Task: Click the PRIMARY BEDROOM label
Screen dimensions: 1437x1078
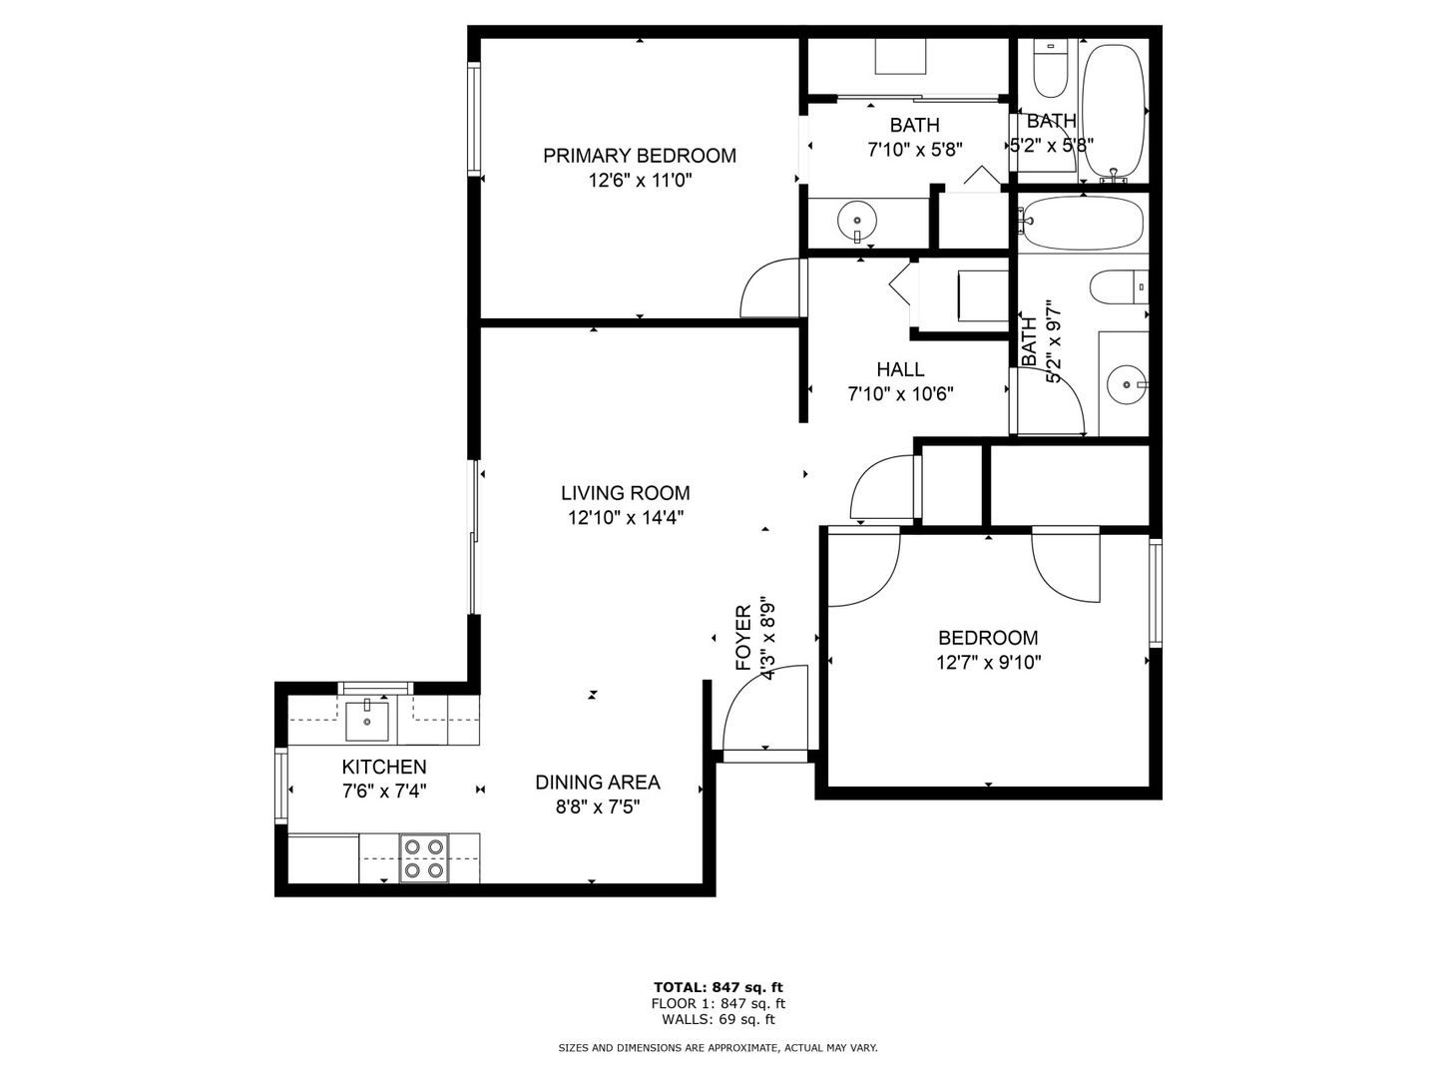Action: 639,156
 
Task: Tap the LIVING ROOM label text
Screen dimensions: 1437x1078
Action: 626,493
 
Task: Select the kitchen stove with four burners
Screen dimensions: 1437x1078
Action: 423,857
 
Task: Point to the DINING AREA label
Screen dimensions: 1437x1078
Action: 597,783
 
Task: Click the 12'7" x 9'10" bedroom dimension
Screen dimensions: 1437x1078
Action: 989,663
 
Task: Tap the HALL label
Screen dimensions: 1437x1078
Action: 900,369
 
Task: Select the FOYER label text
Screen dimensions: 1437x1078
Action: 743,638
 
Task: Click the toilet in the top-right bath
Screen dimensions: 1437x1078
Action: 1050,69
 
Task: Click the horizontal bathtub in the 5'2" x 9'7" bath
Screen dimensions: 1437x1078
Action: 1084,223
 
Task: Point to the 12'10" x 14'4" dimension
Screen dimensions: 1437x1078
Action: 626,518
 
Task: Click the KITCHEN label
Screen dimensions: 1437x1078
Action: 384,767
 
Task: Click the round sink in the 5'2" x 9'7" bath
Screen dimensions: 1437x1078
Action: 1127,385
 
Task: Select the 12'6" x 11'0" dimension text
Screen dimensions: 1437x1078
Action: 640,180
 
